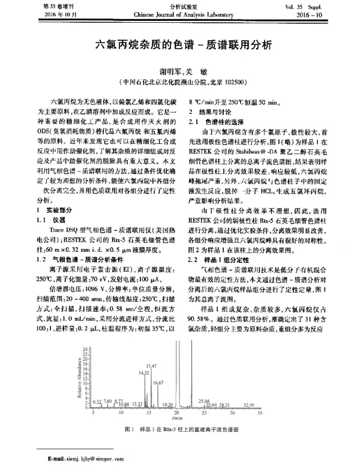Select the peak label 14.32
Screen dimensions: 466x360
(x=143, y=372)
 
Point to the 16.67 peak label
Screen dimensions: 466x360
(x=158, y=382)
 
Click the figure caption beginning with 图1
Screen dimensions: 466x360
(x=181, y=430)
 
